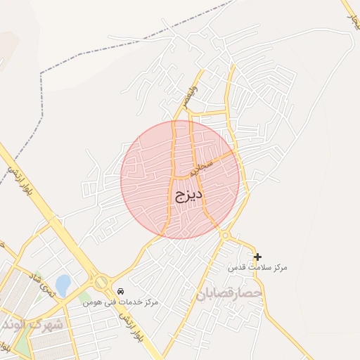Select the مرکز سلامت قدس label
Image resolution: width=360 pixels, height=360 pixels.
point(258,268)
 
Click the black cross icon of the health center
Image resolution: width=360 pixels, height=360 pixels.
point(257,257)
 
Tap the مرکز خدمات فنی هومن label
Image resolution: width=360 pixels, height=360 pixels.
point(120,302)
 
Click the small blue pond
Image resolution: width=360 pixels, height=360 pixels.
point(63,285)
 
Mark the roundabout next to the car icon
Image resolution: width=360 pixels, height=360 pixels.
point(101,282)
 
